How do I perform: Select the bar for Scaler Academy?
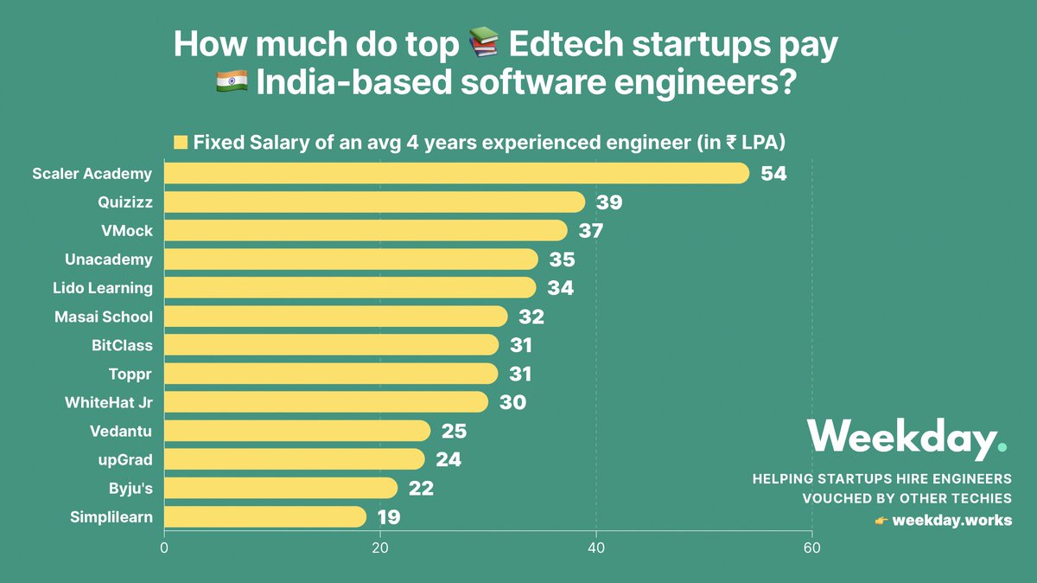(x=456, y=173)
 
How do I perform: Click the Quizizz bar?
(x=374, y=202)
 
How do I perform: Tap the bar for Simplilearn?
(x=265, y=517)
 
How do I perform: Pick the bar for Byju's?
(x=281, y=489)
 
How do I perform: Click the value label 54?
(x=773, y=174)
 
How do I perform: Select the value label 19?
(x=388, y=518)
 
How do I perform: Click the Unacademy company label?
(x=109, y=259)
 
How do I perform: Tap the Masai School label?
(x=103, y=317)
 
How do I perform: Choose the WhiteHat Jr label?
(x=109, y=402)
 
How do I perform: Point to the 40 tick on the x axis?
(x=595, y=548)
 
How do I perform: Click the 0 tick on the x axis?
(x=164, y=548)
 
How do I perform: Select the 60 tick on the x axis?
(x=811, y=548)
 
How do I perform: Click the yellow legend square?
(x=181, y=142)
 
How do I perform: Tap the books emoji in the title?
(x=484, y=45)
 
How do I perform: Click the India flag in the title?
(x=232, y=85)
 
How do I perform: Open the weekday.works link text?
(x=951, y=521)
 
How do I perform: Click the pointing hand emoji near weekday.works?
(x=881, y=521)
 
